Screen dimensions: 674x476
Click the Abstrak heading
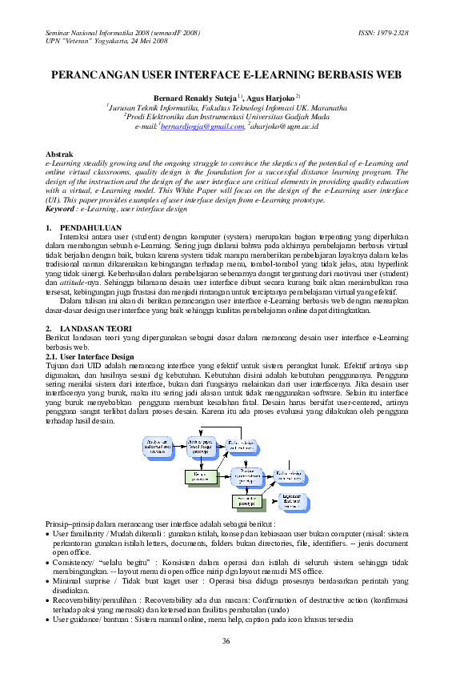(x=59, y=153)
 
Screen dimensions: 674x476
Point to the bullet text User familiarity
(x=80, y=532)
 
